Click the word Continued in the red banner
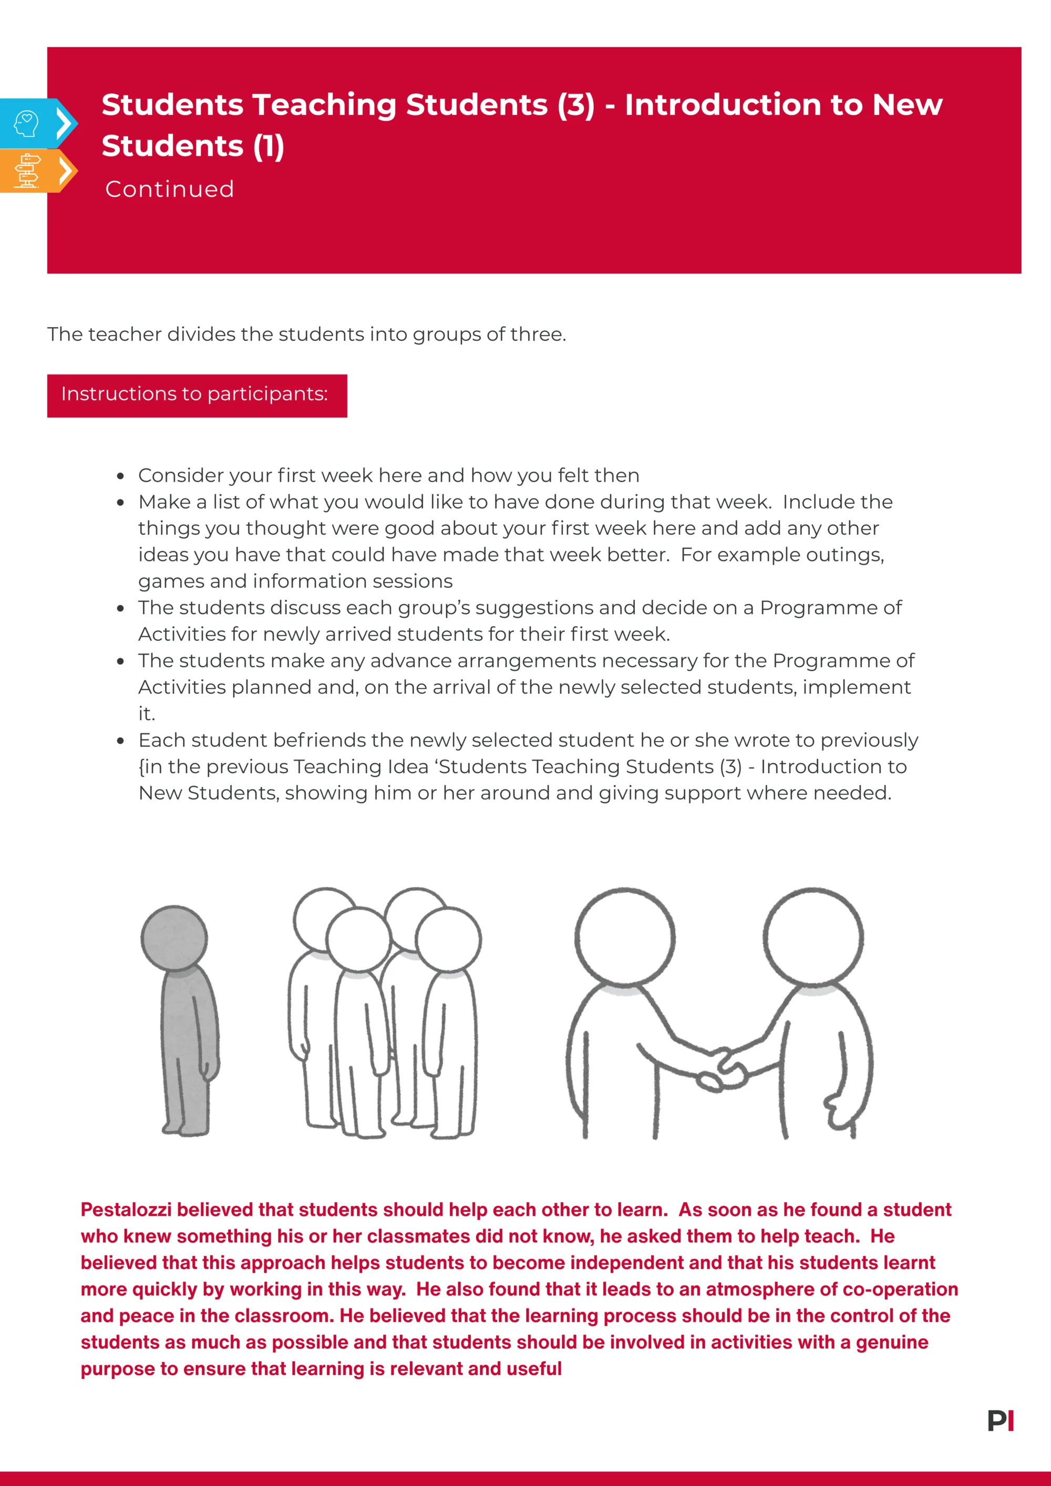pyautogui.click(x=170, y=189)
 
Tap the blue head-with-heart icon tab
pyautogui.click(x=27, y=123)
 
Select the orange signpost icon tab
pyautogui.click(x=27, y=171)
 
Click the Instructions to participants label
pyautogui.click(x=195, y=394)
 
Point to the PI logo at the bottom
pyautogui.click(x=1001, y=1421)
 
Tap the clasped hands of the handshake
pyautogui.click(x=722, y=1071)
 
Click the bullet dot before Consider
pyautogui.click(x=120, y=476)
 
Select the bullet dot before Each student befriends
pyautogui.click(x=120, y=741)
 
